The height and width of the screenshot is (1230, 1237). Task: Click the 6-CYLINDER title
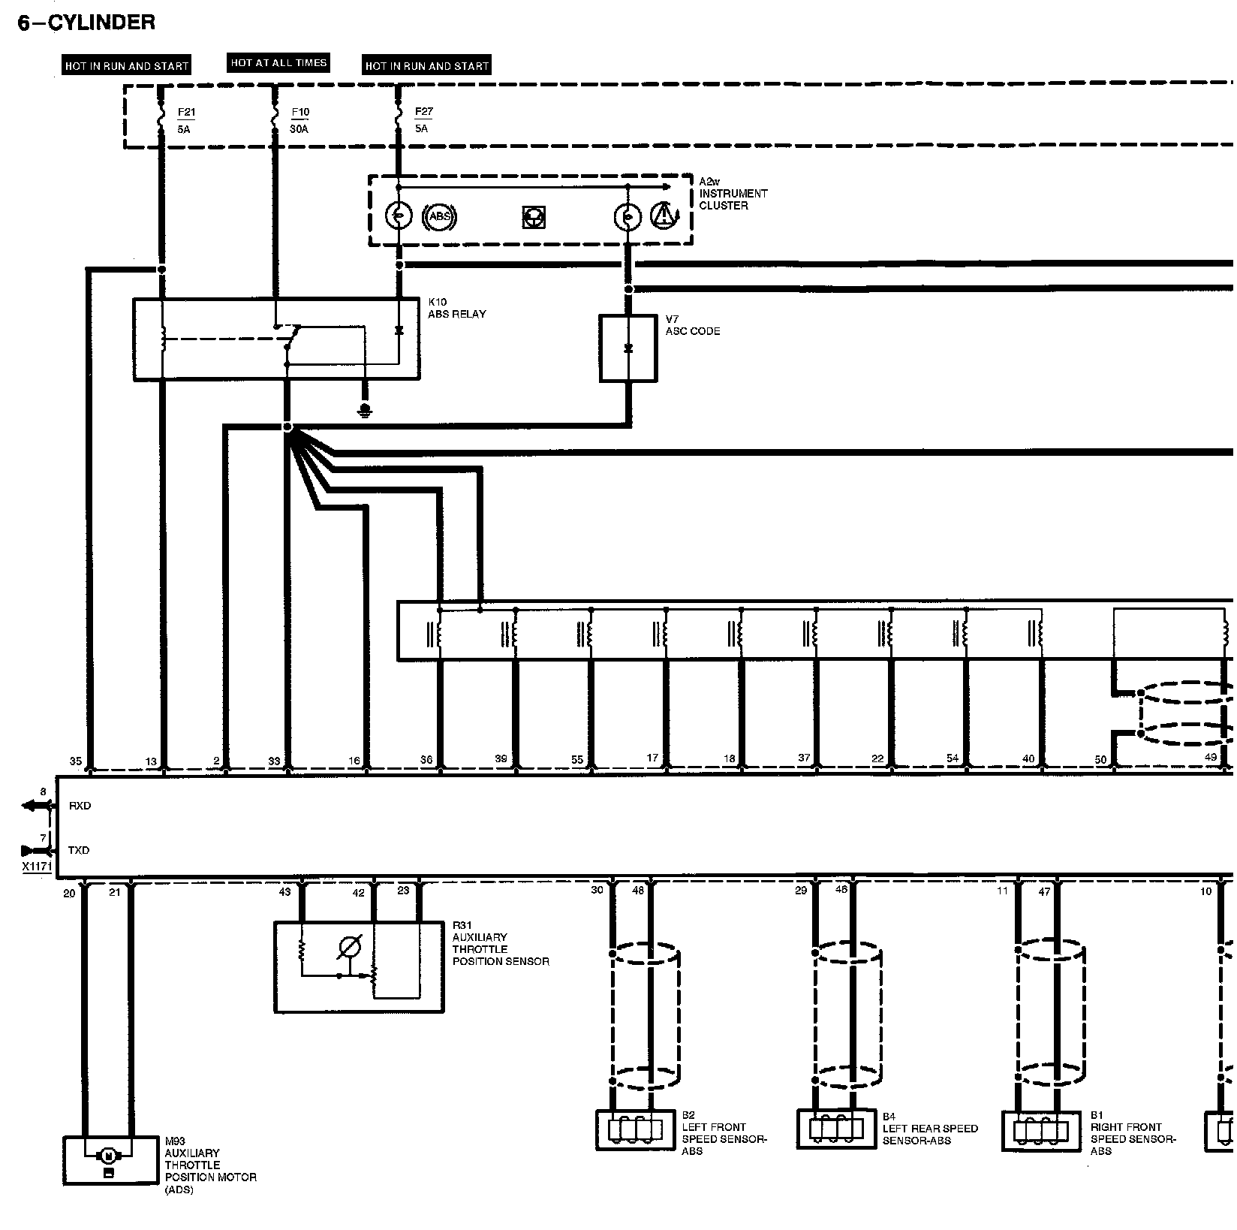86,23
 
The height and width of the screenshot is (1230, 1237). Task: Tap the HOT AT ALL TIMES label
278,63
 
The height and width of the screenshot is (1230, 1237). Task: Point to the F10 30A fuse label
299,120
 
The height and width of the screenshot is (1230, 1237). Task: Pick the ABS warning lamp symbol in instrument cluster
440,217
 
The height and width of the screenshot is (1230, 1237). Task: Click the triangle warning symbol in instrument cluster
664,216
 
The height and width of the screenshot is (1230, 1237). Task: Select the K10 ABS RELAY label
456,309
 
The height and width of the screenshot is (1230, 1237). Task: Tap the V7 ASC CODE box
628,348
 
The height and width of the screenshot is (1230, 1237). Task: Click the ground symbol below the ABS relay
365,410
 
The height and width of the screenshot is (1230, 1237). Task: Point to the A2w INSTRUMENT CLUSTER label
733,194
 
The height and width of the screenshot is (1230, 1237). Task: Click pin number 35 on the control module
76,761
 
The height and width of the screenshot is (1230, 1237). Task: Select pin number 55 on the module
576,760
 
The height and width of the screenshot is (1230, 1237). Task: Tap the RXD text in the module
80,806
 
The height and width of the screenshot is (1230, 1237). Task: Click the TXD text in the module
79,850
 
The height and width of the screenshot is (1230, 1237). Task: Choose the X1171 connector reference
36,866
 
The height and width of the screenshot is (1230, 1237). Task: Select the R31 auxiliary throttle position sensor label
500,943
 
